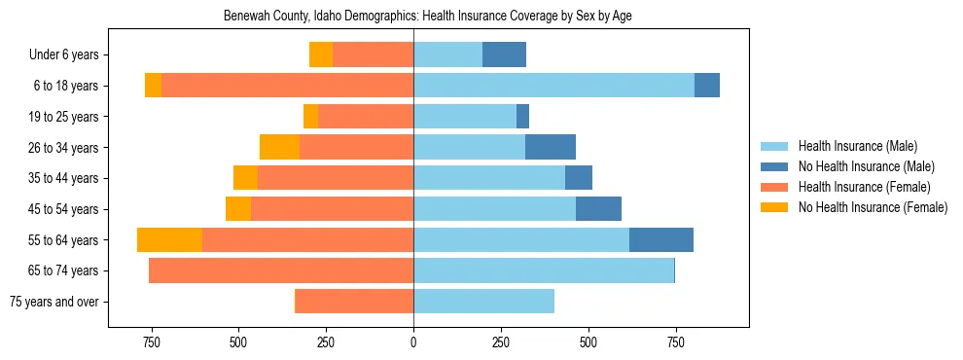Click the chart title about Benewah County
[428, 17]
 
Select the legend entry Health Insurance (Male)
[857, 146]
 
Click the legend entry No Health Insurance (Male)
[866, 166]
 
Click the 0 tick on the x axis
[413, 342]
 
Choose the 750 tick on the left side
[151, 342]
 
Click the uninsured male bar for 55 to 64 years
[661, 239]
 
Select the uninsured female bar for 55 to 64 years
[169, 239]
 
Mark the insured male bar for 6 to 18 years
[553, 86]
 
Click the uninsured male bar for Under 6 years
[504, 55]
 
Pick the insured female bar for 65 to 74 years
[281, 270]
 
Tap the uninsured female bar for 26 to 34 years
[279, 147]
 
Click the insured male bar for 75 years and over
[483, 302]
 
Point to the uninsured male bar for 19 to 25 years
[522, 117]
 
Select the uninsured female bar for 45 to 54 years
[238, 209]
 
